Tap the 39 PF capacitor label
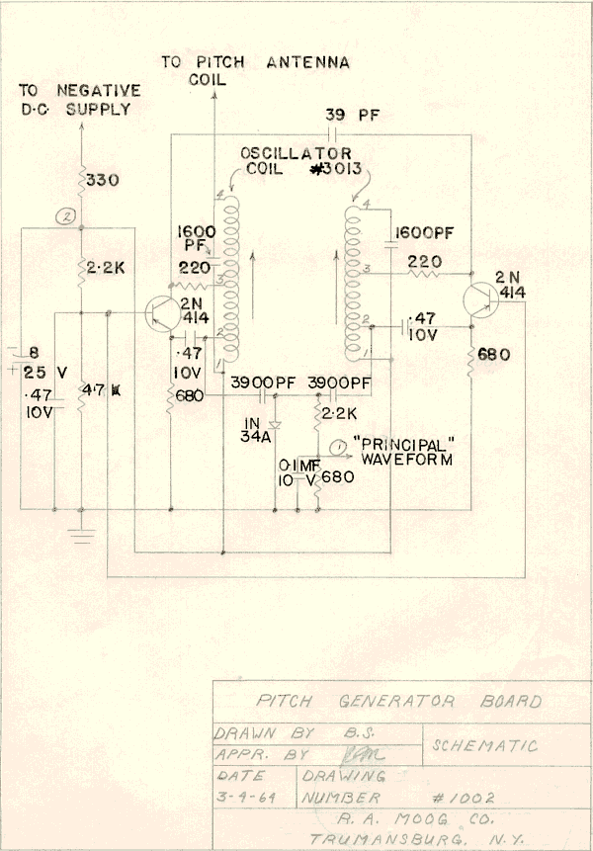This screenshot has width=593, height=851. coord(352,114)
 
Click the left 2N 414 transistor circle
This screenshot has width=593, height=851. coord(155,311)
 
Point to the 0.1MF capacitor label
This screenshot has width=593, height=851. coord(294,465)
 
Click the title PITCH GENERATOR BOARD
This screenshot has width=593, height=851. coord(399,702)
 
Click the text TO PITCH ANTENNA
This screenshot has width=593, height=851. coord(255,62)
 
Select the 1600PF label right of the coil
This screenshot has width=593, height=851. coord(424,234)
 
